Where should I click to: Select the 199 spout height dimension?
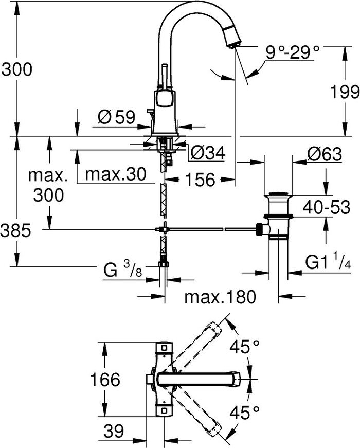(x=343, y=92)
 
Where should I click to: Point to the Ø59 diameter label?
(x=116, y=118)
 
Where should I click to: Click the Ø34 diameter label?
(x=206, y=152)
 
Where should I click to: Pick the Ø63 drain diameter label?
(x=324, y=153)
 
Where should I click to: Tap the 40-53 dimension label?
(x=327, y=208)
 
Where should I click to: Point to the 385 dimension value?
(x=16, y=230)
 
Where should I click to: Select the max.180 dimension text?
(x=220, y=297)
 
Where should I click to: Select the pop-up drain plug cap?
(x=278, y=195)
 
